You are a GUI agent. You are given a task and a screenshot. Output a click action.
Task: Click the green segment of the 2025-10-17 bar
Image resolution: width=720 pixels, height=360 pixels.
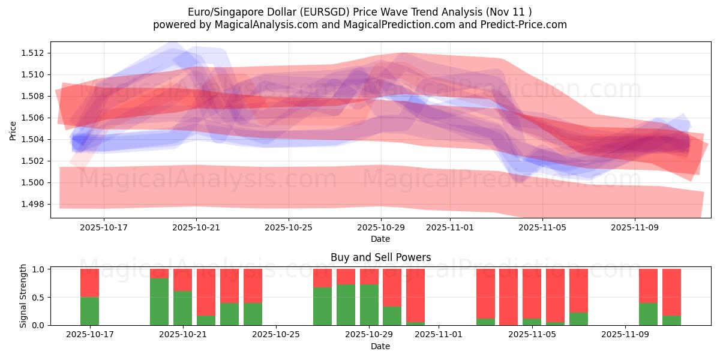click(x=89, y=311)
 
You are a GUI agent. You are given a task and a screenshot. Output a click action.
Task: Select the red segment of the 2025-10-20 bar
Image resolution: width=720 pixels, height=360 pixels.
click(x=159, y=274)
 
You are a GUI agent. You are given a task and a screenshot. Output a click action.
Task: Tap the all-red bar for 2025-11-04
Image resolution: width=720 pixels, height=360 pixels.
click(x=508, y=297)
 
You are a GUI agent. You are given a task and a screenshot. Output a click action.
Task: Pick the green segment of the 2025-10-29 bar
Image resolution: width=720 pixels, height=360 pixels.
click(x=369, y=304)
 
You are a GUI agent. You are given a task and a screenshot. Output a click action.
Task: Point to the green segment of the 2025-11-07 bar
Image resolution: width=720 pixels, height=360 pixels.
click(x=578, y=319)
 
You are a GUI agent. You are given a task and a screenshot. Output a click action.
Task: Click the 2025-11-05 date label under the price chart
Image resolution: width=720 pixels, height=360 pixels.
click(x=542, y=227)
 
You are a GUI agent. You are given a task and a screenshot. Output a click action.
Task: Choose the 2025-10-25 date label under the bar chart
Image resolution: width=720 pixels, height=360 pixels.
click(x=276, y=335)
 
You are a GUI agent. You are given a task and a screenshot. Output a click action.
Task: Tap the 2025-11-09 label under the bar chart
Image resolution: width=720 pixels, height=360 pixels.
click(x=625, y=335)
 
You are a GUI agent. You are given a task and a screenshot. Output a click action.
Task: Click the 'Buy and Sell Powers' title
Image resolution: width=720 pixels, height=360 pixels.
click(x=380, y=257)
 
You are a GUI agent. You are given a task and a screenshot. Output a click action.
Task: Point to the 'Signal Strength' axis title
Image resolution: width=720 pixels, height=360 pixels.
click(x=23, y=296)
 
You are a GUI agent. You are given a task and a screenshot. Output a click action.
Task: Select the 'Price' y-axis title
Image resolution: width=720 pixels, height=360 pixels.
click(x=13, y=130)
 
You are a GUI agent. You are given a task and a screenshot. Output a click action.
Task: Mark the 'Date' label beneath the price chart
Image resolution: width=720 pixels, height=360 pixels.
click(x=380, y=239)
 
